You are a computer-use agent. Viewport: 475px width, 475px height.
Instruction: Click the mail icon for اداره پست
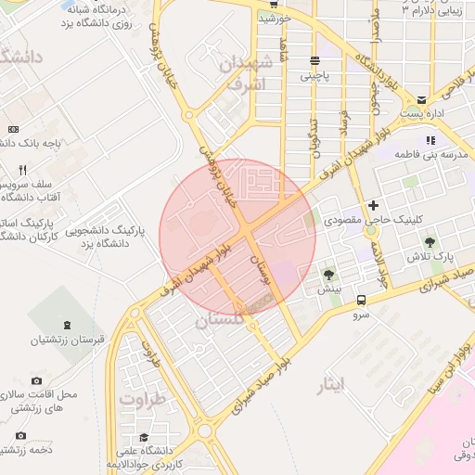421,99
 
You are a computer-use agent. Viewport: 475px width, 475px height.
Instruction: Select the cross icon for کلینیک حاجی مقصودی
373,204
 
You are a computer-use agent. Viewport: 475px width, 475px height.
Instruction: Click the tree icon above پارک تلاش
429,242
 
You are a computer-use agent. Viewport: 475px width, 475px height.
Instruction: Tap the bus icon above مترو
361,300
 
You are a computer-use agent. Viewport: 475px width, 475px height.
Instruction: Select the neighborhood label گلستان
218,319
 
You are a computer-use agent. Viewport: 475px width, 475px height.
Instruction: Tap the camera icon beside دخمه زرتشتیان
20,436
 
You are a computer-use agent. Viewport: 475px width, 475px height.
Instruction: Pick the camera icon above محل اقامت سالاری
36,381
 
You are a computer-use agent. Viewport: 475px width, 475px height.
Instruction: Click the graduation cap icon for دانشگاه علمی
144,437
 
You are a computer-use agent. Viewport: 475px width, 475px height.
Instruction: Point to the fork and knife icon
22,171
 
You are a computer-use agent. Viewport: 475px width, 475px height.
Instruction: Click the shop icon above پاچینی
315,61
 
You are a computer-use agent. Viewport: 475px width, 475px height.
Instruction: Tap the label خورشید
276,18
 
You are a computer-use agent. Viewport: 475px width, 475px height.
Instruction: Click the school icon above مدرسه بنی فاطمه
430,140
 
